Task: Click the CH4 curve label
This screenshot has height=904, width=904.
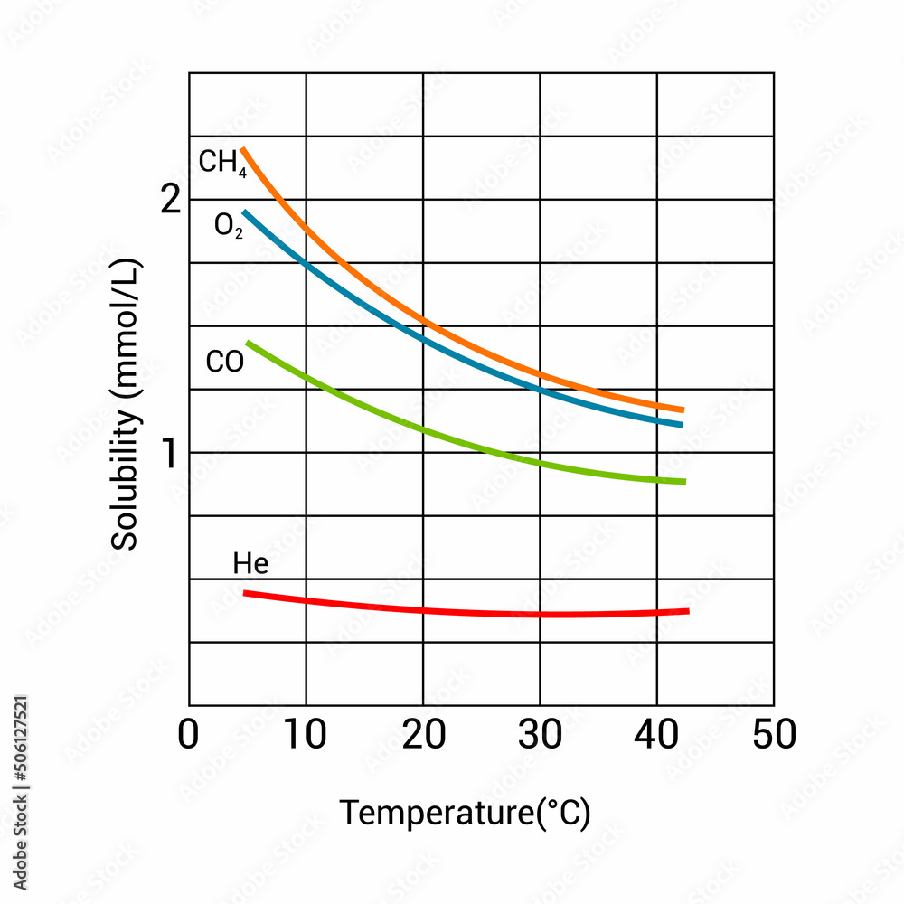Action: coord(221,163)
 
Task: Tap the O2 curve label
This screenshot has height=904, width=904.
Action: coord(228,224)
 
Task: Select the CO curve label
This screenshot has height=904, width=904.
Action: coord(224,363)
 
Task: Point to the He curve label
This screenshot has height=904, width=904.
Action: coord(250,564)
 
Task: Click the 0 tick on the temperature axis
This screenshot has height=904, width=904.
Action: coord(188,734)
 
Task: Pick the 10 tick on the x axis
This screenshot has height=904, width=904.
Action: coord(306,734)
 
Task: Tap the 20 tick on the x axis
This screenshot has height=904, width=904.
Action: coord(423,734)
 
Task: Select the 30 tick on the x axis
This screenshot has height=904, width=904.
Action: coord(540,734)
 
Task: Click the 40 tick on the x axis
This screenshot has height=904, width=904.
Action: coord(657,734)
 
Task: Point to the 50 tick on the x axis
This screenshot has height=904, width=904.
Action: coord(774,734)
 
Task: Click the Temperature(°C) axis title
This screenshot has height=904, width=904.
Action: coord(465,814)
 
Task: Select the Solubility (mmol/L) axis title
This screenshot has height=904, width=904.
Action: coord(126,404)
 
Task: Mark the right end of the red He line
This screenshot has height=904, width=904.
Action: coord(688,611)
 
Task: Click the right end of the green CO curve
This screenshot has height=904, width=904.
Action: coord(684,481)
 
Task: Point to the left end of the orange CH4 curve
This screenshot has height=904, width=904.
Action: coord(242,149)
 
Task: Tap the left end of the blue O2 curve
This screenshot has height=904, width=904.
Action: coord(244,212)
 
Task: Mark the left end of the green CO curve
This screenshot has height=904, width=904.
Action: coord(249,343)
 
